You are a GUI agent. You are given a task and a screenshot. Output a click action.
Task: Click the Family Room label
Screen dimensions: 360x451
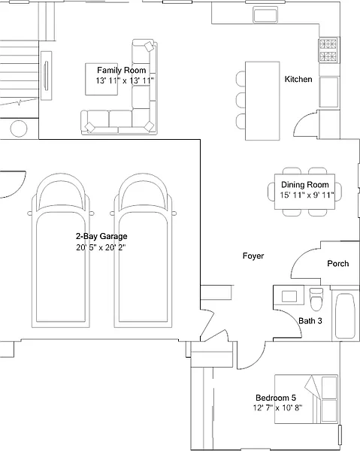pyautogui.click(x=121, y=70)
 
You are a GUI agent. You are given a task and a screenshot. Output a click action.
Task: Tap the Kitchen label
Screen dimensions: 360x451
pyautogui.click(x=298, y=79)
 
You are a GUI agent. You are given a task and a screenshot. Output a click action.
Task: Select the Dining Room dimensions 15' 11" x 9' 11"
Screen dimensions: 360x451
pyautogui.click(x=307, y=195)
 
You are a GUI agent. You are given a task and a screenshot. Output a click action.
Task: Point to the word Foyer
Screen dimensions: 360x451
pyautogui.click(x=253, y=256)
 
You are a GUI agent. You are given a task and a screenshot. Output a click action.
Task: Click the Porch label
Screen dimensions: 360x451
pyautogui.click(x=338, y=264)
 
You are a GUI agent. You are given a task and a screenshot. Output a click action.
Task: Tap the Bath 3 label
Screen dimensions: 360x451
pyautogui.click(x=310, y=321)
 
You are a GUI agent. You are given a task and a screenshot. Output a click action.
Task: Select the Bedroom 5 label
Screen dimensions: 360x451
pyautogui.click(x=276, y=398)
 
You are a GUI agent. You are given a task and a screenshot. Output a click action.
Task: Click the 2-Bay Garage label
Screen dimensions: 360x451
pyautogui.click(x=101, y=237)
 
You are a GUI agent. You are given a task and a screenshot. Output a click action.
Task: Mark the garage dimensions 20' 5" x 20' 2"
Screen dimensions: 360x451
pyautogui.click(x=101, y=247)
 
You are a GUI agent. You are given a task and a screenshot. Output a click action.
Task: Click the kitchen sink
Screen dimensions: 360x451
pyautogui.click(x=265, y=14)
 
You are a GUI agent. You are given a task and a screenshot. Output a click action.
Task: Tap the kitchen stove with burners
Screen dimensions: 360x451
pyautogui.click(x=328, y=50)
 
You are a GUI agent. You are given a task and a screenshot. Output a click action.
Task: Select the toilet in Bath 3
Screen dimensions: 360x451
pyautogui.click(x=316, y=298)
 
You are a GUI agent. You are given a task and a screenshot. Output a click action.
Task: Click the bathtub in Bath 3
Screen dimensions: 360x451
pyautogui.click(x=345, y=316)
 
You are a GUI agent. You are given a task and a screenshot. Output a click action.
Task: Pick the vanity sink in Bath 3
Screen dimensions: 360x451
pyautogui.click(x=289, y=296)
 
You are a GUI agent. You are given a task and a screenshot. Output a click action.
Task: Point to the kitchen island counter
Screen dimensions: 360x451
pyautogui.click(x=262, y=101)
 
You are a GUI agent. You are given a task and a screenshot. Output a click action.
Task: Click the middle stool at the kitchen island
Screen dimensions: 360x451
pyautogui.click(x=241, y=100)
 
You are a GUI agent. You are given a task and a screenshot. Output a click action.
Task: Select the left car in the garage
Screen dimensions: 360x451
pyautogui.click(x=60, y=250)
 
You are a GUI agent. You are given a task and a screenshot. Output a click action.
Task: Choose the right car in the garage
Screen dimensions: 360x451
pyautogui.click(x=143, y=250)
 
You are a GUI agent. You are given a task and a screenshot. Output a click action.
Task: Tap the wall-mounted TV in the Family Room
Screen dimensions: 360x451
pyautogui.click(x=46, y=76)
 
